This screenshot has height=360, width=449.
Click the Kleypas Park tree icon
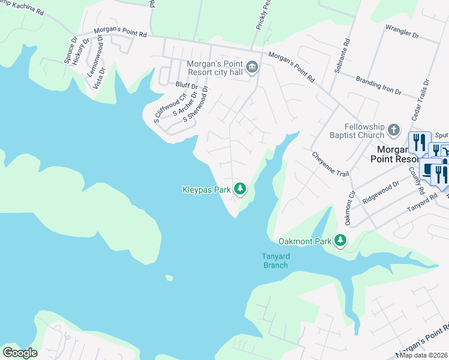[x=240, y=189]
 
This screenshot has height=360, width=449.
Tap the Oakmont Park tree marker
[x=340, y=240]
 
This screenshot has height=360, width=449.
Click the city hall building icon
[x=252, y=67]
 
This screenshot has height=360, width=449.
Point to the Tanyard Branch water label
[x=276, y=260]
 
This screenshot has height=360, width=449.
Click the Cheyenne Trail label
[x=330, y=164]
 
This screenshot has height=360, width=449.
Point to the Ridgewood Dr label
[x=381, y=193]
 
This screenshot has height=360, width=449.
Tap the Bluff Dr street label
[x=186, y=86]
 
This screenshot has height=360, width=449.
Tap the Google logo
[x=20, y=353]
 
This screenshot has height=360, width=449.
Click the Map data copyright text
[x=424, y=355]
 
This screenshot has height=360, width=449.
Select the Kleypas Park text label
[x=206, y=190]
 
